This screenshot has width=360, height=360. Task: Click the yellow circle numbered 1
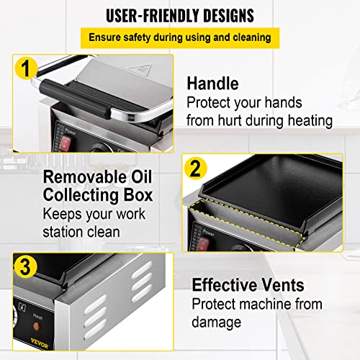tap(26, 68)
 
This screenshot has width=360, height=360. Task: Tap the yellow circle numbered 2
tap(196, 168)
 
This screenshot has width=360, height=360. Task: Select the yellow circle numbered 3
tap(25, 267)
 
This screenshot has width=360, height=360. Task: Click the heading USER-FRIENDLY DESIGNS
tap(180, 16)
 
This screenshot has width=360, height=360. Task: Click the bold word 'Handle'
tap(212, 84)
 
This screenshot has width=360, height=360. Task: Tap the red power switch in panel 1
tap(65, 143)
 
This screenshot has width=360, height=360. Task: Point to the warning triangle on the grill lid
tap(140, 69)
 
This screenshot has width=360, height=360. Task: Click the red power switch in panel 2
tap(203, 244)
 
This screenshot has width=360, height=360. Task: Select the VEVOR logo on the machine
tap(40, 343)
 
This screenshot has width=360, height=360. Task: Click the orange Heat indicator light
tap(37, 326)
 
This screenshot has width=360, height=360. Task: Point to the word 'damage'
tap(217, 323)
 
